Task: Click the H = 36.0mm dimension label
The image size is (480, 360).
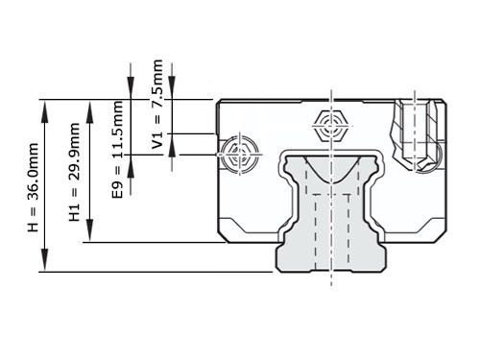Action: (x=33, y=187)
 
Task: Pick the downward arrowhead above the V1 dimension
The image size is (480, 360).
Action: (x=171, y=91)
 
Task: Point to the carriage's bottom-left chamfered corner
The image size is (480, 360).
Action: (x=223, y=234)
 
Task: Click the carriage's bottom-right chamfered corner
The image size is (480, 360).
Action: (x=444, y=234)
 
